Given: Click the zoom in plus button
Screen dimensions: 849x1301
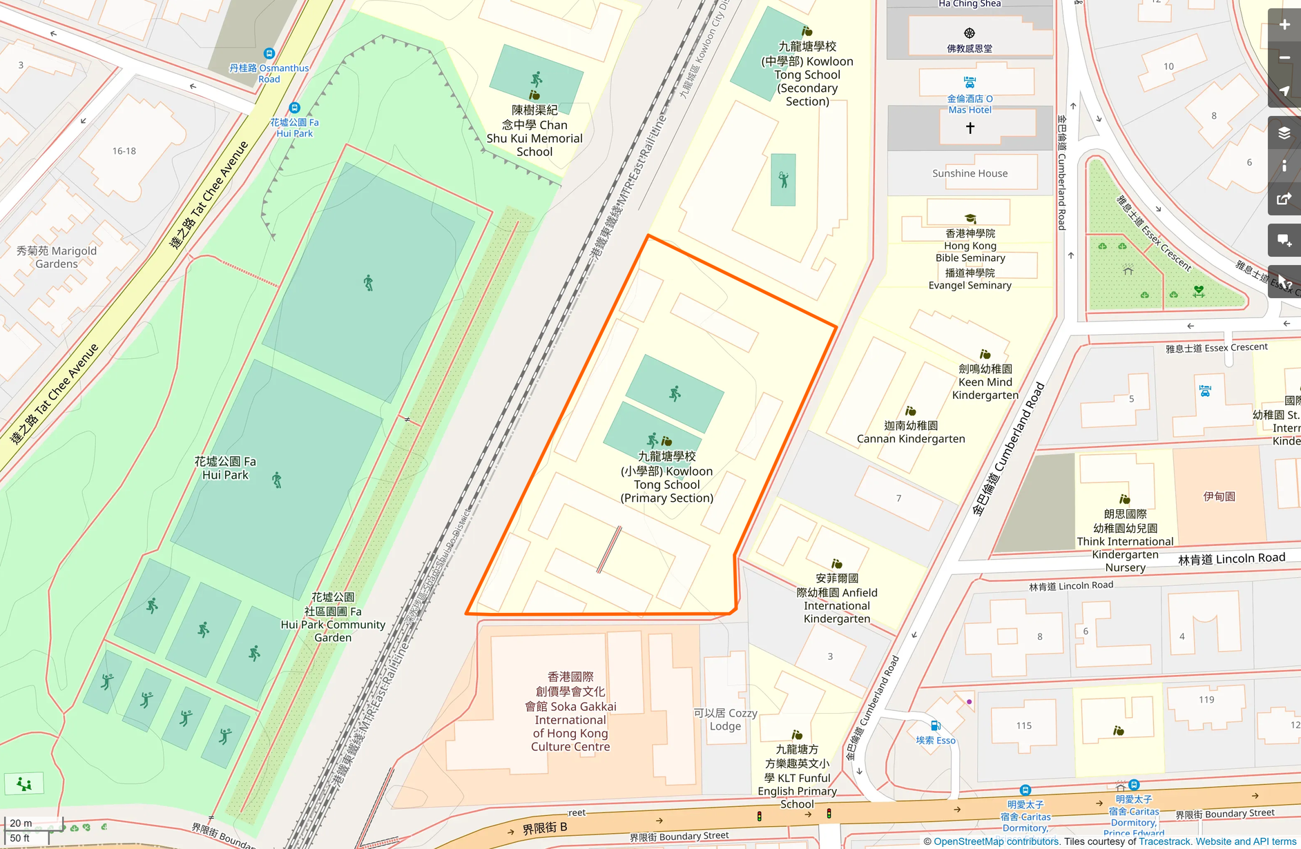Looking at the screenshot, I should pyautogui.click(x=1284, y=25).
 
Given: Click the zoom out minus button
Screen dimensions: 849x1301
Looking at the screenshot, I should pyautogui.click(x=1284, y=58).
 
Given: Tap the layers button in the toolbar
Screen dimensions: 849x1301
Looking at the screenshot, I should pyautogui.click(x=1284, y=133).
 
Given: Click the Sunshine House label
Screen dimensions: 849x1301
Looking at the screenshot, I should pyautogui.click(x=970, y=173).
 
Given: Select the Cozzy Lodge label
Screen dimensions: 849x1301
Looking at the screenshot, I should pyautogui.click(x=725, y=719).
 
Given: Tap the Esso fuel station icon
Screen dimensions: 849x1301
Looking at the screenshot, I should pyautogui.click(x=935, y=725).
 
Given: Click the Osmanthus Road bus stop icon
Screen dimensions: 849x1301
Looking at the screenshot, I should pyautogui.click(x=269, y=53).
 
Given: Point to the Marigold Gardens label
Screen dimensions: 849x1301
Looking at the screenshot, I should pyautogui.click(x=57, y=257).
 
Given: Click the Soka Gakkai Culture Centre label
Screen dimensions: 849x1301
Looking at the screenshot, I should pyautogui.click(x=570, y=712).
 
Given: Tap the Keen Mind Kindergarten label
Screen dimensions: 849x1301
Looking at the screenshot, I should pyautogui.click(x=985, y=382).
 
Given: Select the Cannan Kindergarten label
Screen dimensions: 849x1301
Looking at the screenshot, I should pyautogui.click(x=911, y=432).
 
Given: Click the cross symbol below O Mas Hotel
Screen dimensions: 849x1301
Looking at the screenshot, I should pyautogui.click(x=970, y=128).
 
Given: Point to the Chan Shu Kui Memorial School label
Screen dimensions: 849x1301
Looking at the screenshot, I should pyautogui.click(x=534, y=131).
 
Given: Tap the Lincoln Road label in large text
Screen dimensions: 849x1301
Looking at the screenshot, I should pyautogui.click(x=1232, y=558).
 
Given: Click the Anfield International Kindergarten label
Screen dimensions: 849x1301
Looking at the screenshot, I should pyautogui.click(x=837, y=598).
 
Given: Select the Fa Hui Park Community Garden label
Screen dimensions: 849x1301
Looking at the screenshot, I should pyautogui.click(x=333, y=617).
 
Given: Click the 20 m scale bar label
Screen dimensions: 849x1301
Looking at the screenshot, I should pyautogui.click(x=21, y=823).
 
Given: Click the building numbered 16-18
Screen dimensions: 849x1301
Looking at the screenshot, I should pyautogui.click(x=124, y=150).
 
